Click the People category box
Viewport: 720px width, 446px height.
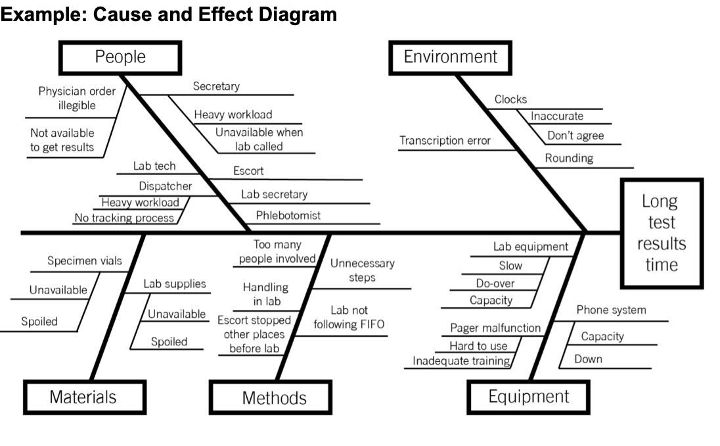click(x=120, y=57)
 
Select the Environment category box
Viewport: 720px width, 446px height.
click(x=451, y=57)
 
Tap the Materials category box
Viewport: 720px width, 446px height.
click(x=83, y=397)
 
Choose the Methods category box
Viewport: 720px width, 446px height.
click(x=274, y=397)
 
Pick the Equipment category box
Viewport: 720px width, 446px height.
click(x=528, y=397)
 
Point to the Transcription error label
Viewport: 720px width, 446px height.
click(x=445, y=141)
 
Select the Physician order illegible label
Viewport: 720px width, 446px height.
click(x=76, y=98)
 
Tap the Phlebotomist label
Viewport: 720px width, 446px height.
click(x=288, y=215)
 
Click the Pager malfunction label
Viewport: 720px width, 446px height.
click(x=495, y=328)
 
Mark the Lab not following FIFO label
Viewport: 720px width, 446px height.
click(x=349, y=317)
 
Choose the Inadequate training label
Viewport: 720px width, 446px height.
click(x=461, y=360)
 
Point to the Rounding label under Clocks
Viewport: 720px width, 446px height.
click(x=569, y=158)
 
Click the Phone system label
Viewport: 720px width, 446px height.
click(x=611, y=310)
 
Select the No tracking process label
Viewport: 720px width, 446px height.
click(x=124, y=218)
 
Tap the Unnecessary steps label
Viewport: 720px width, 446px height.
click(x=362, y=270)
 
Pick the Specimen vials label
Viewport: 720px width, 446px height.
click(x=84, y=261)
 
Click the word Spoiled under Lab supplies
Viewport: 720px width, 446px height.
click(x=169, y=341)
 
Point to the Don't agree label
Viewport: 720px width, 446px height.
click(x=575, y=136)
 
